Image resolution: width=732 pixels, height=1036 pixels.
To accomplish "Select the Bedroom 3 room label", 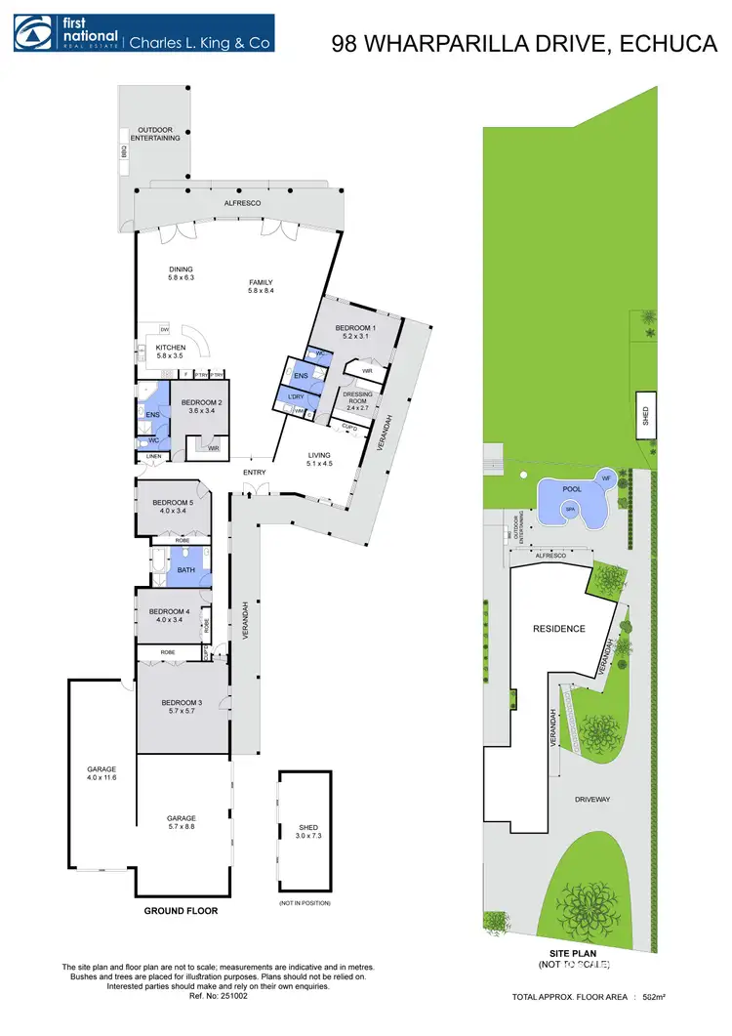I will click(182, 707).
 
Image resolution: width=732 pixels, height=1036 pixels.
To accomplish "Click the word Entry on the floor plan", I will click(254, 474).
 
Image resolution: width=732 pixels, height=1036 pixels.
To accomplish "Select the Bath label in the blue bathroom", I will click(185, 565).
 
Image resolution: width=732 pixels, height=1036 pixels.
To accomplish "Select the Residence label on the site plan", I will click(558, 628).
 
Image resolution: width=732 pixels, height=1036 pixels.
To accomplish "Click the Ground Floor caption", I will click(182, 911).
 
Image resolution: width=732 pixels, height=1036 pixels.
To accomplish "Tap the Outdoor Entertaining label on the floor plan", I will click(159, 134).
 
